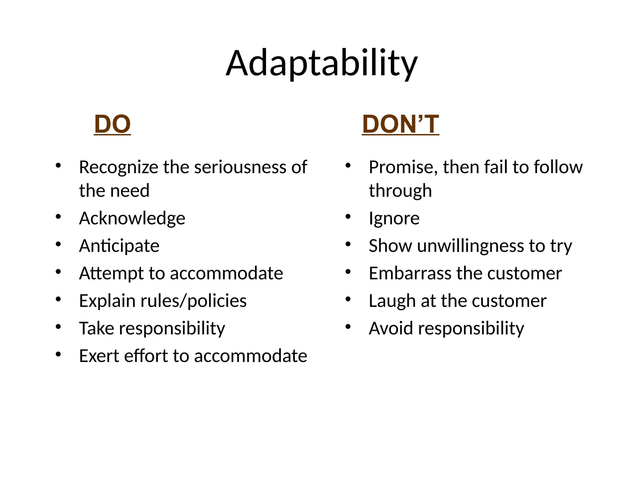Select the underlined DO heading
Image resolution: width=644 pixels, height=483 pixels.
pos(112,124)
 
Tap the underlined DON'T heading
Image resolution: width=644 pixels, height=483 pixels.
pos(400,124)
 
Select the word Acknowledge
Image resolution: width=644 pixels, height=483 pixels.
pos(132,219)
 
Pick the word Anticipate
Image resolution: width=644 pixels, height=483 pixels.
pos(119,246)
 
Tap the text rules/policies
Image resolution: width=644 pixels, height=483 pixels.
pos(193,301)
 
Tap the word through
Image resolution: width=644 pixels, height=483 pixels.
pos(400,191)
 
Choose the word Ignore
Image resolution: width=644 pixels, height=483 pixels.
pos(394,219)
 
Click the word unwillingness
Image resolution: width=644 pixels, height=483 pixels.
pos(470,246)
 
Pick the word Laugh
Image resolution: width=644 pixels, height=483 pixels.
pos(392,301)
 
